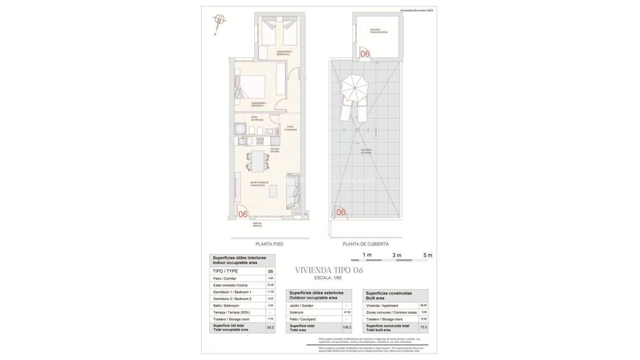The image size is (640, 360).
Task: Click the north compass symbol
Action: (219, 21)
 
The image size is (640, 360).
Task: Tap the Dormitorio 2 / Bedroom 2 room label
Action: (284, 53)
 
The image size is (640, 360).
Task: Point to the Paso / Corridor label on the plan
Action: (291, 128)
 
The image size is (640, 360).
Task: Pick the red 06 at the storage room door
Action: (365, 54)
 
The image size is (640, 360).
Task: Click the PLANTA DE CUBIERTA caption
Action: (365, 244)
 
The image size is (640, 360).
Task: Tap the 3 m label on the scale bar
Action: (397, 255)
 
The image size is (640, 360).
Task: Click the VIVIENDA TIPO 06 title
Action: (329, 270)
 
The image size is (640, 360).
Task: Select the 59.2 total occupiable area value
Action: (270, 327)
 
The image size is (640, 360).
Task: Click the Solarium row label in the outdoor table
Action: (297, 312)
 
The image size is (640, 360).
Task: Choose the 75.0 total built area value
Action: (423, 327)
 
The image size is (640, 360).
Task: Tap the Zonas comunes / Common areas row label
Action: (391, 312)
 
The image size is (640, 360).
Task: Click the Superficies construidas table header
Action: (389, 295)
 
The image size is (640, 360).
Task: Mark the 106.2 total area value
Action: (347, 327)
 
